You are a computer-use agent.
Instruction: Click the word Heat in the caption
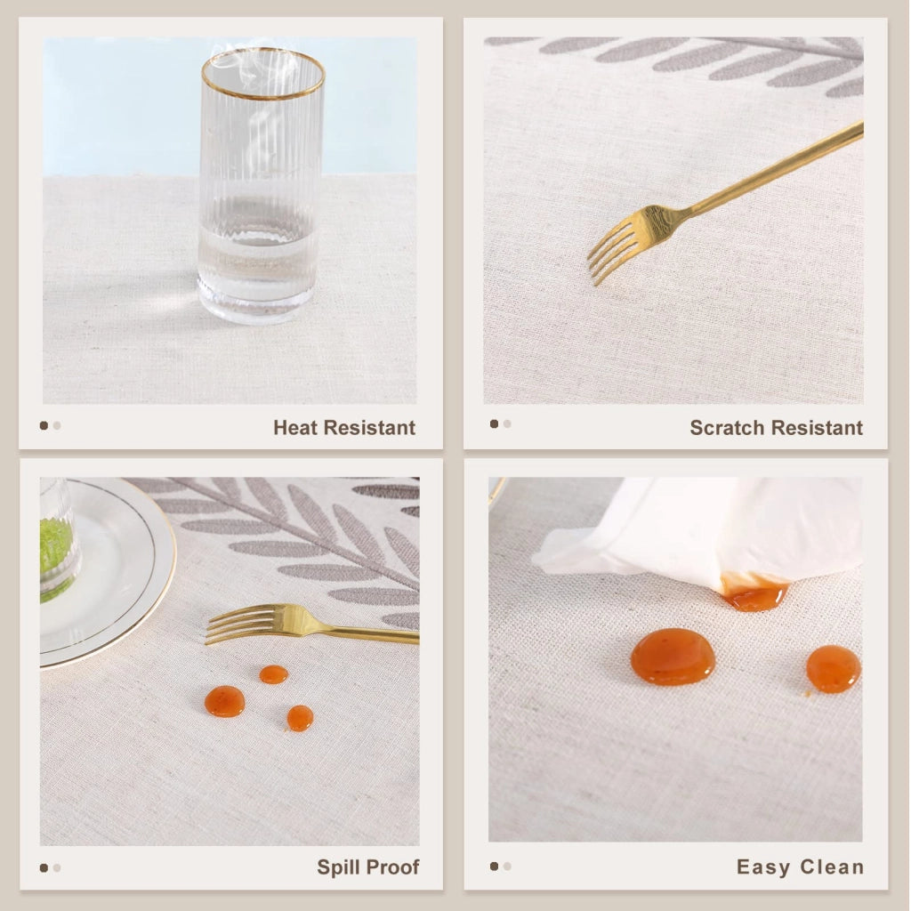[296, 428]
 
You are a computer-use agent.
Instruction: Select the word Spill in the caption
[334, 867]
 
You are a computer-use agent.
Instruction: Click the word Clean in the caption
[832, 867]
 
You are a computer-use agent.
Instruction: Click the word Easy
[763, 867]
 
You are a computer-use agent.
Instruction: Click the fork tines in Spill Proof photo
[232, 625]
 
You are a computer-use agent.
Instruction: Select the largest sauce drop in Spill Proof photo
[224, 701]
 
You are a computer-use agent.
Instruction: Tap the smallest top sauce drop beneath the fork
[274, 674]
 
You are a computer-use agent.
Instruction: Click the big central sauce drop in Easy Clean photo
[673, 657]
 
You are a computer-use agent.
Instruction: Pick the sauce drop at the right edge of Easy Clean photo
[833, 669]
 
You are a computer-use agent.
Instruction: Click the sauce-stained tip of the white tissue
[754, 592]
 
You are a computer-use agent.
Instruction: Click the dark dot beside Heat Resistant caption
[44, 425]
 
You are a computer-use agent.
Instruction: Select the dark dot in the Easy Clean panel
[494, 867]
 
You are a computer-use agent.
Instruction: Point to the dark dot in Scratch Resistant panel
[494, 423]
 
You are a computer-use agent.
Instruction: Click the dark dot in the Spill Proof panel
[44, 868]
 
